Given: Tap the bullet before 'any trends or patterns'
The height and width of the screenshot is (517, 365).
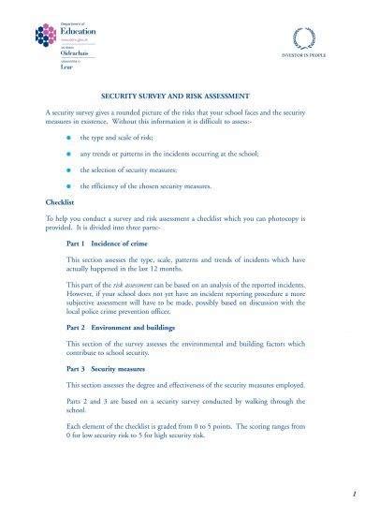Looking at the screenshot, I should coord(68,154).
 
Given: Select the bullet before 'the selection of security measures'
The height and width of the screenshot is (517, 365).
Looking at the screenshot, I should coord(68,170).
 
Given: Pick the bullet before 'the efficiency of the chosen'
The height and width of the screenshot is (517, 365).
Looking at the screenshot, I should coord(68,186).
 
